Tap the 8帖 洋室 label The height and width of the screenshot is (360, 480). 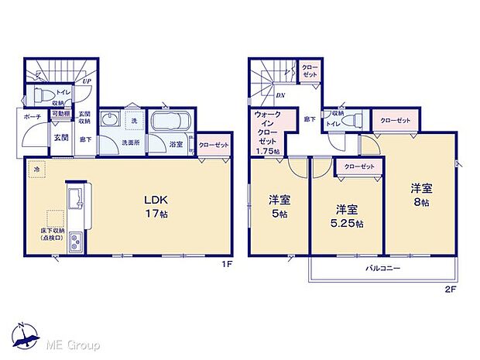click(x=421, y=194)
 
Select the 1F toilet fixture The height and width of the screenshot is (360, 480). click(x=41, y=96)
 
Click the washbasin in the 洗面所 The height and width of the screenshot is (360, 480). click(x=109, y=122)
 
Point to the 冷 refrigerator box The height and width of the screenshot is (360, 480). click(x=35, y=167)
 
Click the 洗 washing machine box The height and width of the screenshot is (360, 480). click(x=132, y=121)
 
